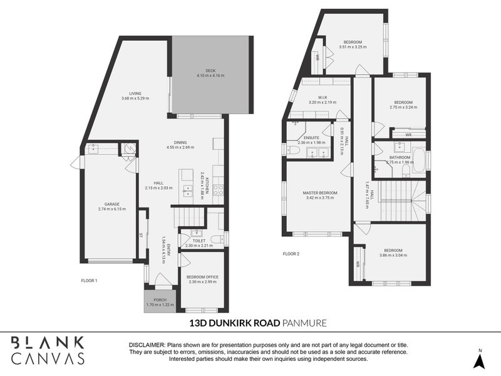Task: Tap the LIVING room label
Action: pyautogui.click(x=135, y=93)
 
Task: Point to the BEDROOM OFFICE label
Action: pyautogui.click(x=202, y=276)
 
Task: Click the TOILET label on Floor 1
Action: pyautogui.click(x=199, y=241)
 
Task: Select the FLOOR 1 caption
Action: pyautogui.click(x=89, y=280)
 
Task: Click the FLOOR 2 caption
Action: pyautogui.click(x=291, y=254)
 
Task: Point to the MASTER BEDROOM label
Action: pyautogui.click(x=320, y=192)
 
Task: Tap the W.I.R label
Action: pyautogui.click(x=323, y=97)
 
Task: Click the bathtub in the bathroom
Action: pyautogui.click(x=419, y=160)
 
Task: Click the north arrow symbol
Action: pyautogui.click(x=479, y=360)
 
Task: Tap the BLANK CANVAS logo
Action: pyautogui.click(x=48, y=350)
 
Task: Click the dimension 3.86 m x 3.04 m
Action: pyautogui.click(x=393, y=255)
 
